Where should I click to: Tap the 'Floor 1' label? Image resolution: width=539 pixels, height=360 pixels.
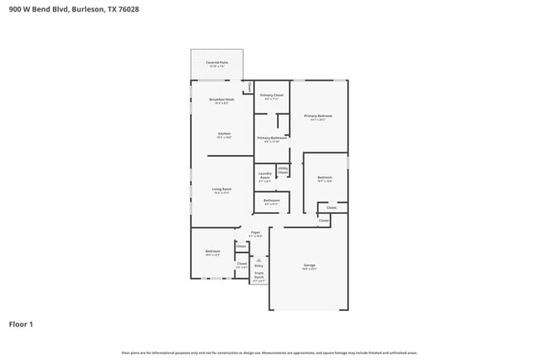click(x=21, y=324)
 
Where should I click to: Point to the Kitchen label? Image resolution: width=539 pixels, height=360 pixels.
click(x=224, y=134)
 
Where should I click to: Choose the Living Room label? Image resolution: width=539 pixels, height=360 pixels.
click(x=221, y=190)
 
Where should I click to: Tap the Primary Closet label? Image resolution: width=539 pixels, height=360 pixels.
click(x=272, y=96)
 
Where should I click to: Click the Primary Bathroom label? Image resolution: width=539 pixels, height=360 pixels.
click(x=272, y=139)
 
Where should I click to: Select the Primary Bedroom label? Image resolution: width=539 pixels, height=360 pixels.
click(x=318, y=117)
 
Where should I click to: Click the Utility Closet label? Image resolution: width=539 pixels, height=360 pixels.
click(x=283, y=170)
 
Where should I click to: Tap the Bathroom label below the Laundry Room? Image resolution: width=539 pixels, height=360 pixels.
click(x=271, y=201)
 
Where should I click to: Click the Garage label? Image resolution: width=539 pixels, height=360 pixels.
click(x=308, y=266)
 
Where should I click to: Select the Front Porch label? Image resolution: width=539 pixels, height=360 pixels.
click(x=259, y=278)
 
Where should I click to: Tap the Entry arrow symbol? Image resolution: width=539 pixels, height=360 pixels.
click(x=259, y=260)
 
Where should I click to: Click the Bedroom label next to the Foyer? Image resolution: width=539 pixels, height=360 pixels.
click(x=213, y=252)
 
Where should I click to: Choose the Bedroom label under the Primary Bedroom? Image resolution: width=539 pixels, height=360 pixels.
click(x=324, y=178)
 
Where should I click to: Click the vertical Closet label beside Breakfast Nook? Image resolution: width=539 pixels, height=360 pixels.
click(x=248, y=87)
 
